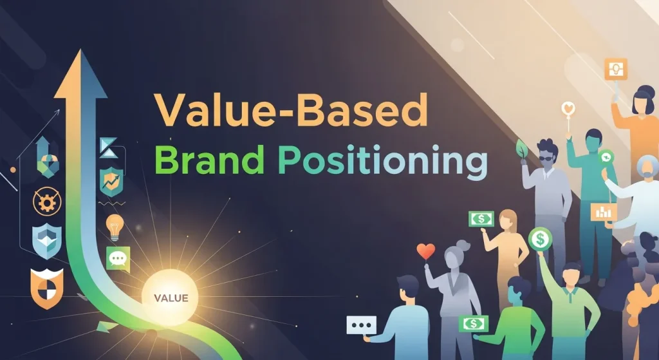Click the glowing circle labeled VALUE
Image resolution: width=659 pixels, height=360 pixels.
click(x=171, y=298)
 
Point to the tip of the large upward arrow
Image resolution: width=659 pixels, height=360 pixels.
click(x=80, y=54)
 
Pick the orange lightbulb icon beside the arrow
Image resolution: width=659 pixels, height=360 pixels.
click(x=115, y=227)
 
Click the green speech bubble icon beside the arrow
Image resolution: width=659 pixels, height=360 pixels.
click(x=118, y=258)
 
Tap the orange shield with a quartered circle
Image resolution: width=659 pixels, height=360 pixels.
click(x=47, y=287)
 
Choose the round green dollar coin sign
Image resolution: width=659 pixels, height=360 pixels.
click(x=540, y=239)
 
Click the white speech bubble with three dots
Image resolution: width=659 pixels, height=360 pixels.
click(x=360, y=325)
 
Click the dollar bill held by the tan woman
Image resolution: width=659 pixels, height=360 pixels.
click(x=481, y=219)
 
